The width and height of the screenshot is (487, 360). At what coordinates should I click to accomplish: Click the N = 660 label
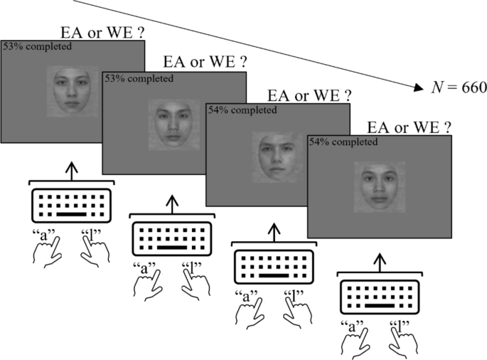coord(459,88)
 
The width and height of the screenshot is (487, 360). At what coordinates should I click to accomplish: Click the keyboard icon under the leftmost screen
coord(70,206)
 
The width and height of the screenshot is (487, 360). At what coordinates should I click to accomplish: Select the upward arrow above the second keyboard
coord(171,203)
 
